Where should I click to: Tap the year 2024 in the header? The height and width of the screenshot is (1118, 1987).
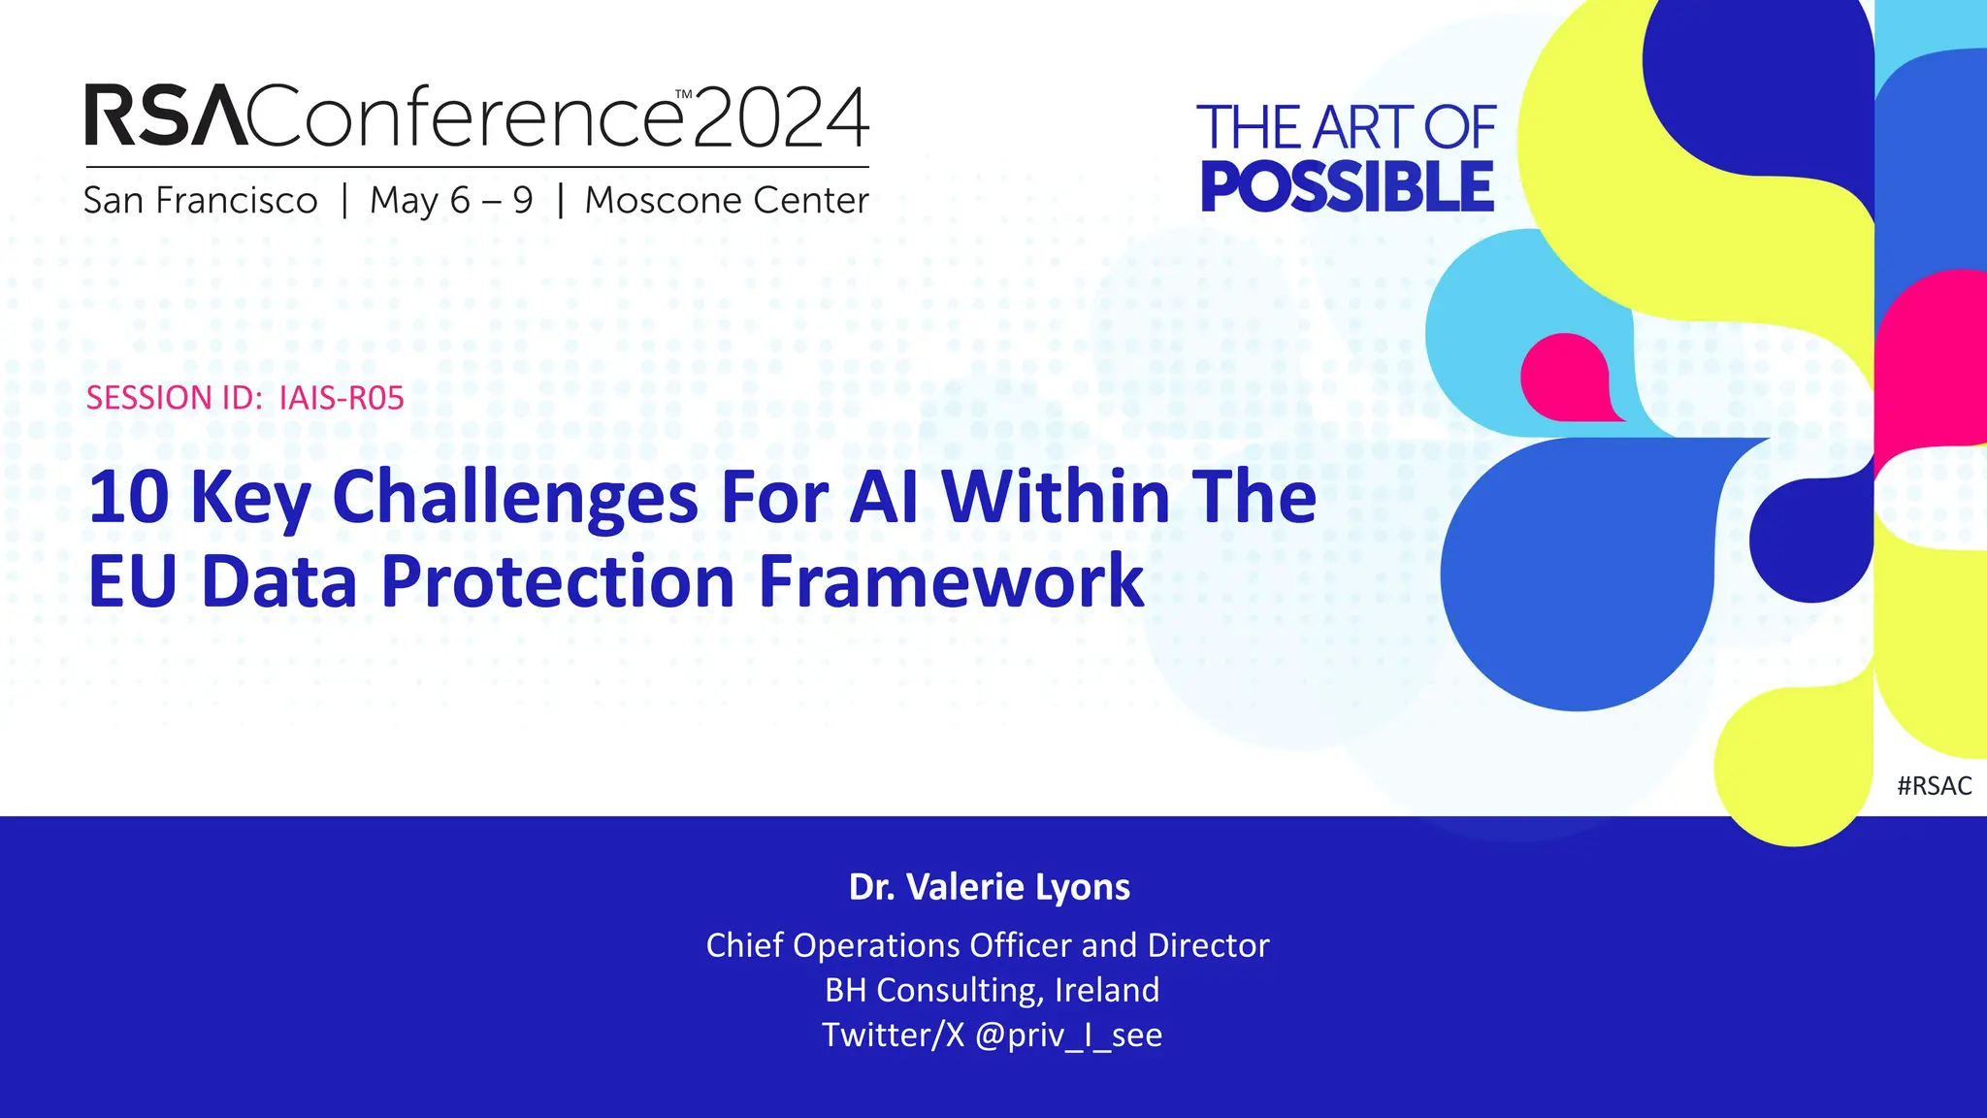click(x=781, y=117)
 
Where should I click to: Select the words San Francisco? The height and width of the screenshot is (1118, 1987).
click(x=200, y=201)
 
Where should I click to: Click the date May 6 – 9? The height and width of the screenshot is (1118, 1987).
click(x=451, y=201)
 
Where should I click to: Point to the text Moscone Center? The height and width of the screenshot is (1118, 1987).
click(x=727, y=201)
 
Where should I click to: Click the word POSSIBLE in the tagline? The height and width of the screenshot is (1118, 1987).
click(x=1347, y=186)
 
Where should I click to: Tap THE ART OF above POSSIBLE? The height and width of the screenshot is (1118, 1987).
click(x=1347, y=127)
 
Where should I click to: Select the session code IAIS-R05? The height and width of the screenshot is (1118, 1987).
click(x=341, y=398)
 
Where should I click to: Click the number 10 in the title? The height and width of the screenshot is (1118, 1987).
click(x=128, y=497)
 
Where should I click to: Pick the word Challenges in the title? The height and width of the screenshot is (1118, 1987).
click(x=515, y=497)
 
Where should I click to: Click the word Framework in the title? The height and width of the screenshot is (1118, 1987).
click(x=951, y=581)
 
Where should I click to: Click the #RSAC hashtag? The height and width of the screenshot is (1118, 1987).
click(x=1934, y=786)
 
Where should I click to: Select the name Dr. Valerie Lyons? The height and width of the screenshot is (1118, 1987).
click(x=989, y=887)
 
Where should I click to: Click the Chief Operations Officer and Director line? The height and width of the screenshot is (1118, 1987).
click(x=987, y=945)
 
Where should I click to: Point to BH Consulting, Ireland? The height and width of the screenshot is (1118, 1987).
click(x=992, y=990)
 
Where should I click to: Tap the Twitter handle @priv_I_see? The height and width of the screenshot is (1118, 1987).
click(x=1068, y=1036)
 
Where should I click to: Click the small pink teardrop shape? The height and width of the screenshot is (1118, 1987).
click(x=1566, y=377)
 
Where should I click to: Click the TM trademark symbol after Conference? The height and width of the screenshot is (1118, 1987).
click(x=684, y=95)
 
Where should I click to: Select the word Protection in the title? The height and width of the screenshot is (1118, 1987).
click(x=558, y=581)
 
